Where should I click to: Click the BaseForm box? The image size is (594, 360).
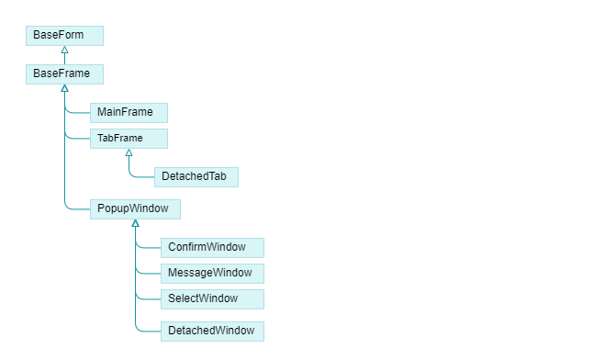pyautogui.click(x=64, y=35)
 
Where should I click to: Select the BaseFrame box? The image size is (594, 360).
pyautogui.click(x=64, y=73)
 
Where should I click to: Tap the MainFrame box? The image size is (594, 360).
pyautogui.click(x=129, y=112)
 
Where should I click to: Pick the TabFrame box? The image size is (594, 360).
pyautogui.click(x=129, y=138)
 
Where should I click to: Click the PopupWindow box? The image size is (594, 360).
pyautogui.click(x=135, y=208)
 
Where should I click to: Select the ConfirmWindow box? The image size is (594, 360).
pyautogui.click(x=212, y=247)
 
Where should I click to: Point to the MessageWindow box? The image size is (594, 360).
pyautogui.click(x=212, y=273)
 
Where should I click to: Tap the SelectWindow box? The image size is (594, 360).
pyautogui.click(x=212, y=298)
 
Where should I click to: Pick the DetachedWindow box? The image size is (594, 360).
pyautogui.click(x=212, y=330)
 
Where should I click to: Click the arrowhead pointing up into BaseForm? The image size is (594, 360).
pyautogui.click(x=64, y=50)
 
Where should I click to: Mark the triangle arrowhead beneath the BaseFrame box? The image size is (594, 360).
pyautogui.click(x=64, y=88)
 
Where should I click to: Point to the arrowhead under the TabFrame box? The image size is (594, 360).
pyautogui.click(x=129, y=152)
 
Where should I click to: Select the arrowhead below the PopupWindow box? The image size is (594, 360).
pyautogui.click(x=135, y=223)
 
